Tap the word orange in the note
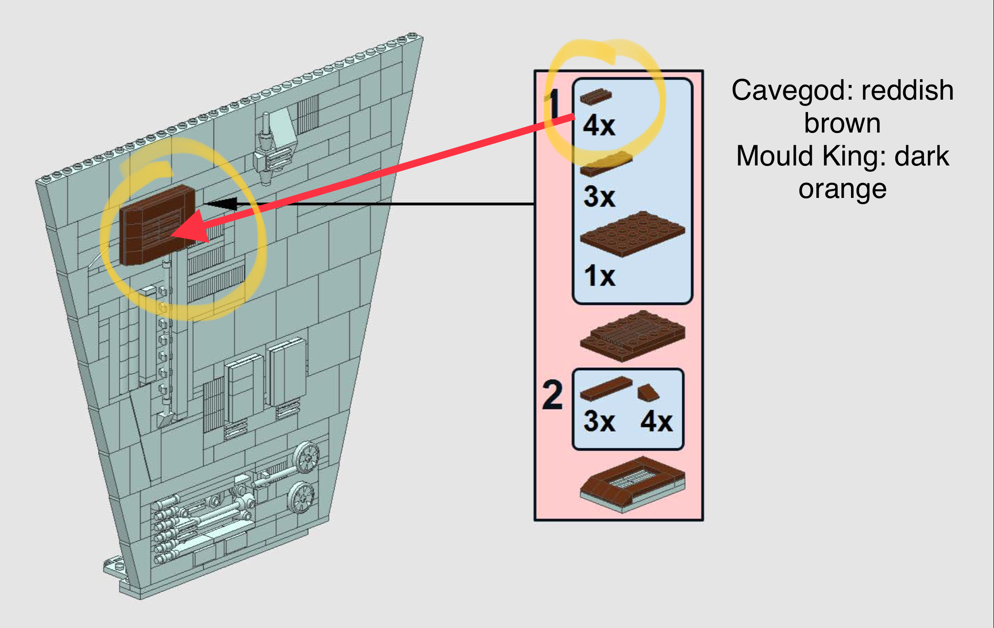point(842,189)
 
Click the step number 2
point(552,395)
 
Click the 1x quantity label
point(599,276)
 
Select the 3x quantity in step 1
point(599,197)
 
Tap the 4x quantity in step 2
point(656,421)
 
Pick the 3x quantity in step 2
point(599,421)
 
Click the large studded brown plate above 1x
point(632,234)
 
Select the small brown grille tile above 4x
point(596,96)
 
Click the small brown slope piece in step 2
point(648,393)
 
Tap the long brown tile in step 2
point(605,389)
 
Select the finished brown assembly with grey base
point(632,485)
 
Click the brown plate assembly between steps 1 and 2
point(632,335)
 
